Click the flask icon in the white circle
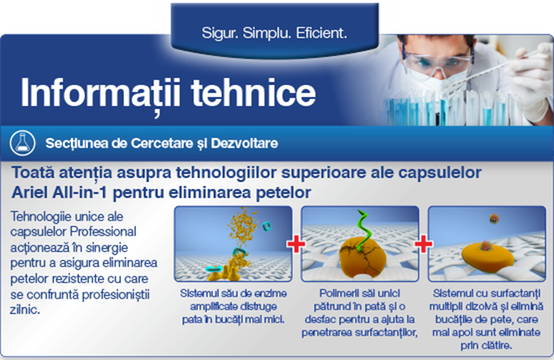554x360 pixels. (22, 143)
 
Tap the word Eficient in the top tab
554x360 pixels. (322, 33)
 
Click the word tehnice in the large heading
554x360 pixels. (253, 93)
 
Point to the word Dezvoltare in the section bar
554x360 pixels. (244, 143)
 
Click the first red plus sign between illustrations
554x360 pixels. (296, 244)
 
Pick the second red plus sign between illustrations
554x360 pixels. (423, 244)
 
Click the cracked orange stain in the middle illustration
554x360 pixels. (363, 257)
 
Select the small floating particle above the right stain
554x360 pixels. (494, 219)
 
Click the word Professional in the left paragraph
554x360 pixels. (103, 231)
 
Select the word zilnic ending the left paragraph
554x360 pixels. (25, 310)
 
